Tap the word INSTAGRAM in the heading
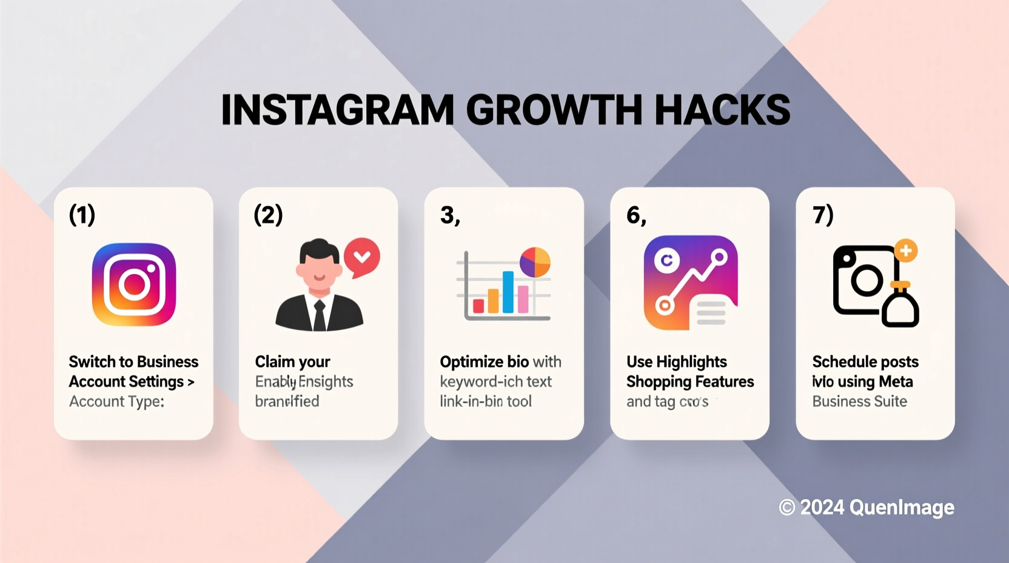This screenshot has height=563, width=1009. [x=337, y=110]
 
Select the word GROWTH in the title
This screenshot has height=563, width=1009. [x=554, y=110]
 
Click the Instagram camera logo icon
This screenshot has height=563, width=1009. [x=134, y=285]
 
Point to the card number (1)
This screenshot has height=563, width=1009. [x=82, y=215]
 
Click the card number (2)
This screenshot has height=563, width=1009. [x=268, y=215]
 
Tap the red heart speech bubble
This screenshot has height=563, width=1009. [x=362, y=257]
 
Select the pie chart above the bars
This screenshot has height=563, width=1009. [x=535, y=262]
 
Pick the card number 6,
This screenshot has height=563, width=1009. [x=636, y=215]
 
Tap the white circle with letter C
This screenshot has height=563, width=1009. [x=666, y=261]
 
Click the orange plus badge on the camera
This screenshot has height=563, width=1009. [x=906, y=251]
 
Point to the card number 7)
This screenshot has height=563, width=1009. [x=823, y=215]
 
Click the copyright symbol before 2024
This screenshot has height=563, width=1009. [x=787, y=507]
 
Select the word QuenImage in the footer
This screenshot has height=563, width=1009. [x=902, y=507]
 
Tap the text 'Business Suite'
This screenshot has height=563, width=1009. [x=859, y=402]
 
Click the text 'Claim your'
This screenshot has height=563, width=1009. [x=292, y=362]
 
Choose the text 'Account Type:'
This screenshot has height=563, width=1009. [x=116, y=402]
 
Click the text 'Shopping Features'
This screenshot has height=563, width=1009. [x=690, y=382]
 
